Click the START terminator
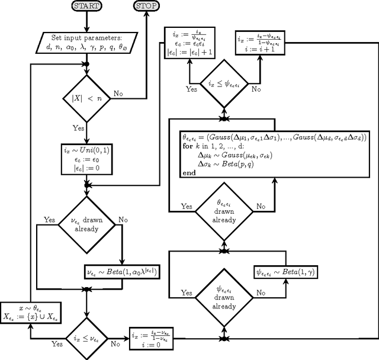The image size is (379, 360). [86, 6]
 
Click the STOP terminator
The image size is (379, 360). [147, 6]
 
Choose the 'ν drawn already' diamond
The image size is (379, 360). [86, 224]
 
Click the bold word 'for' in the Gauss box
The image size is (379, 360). [188, 146]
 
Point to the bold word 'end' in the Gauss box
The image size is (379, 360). [189, 173]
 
